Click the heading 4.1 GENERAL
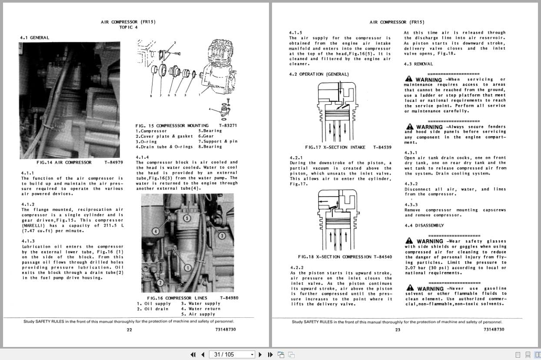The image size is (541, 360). point(34,38)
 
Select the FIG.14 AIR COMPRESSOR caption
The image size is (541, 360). point(64,163)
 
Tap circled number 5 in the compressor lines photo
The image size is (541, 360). point(187,218)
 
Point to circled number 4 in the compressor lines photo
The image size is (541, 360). point(155,231)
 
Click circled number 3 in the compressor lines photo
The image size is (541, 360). point(222,236)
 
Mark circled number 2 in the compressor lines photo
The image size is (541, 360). point(160,283)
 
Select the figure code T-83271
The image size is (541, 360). point(228,126)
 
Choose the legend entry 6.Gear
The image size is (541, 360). point(208,136)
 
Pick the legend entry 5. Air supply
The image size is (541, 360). point(198,314)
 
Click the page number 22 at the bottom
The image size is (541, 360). point(129,330)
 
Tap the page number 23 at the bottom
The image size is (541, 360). point(398,330)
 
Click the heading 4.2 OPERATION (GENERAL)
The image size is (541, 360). point(319,74)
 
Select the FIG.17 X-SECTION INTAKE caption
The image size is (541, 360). point(335,147)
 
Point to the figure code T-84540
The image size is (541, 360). point(382,257)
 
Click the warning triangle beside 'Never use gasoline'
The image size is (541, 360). point(409,288)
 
